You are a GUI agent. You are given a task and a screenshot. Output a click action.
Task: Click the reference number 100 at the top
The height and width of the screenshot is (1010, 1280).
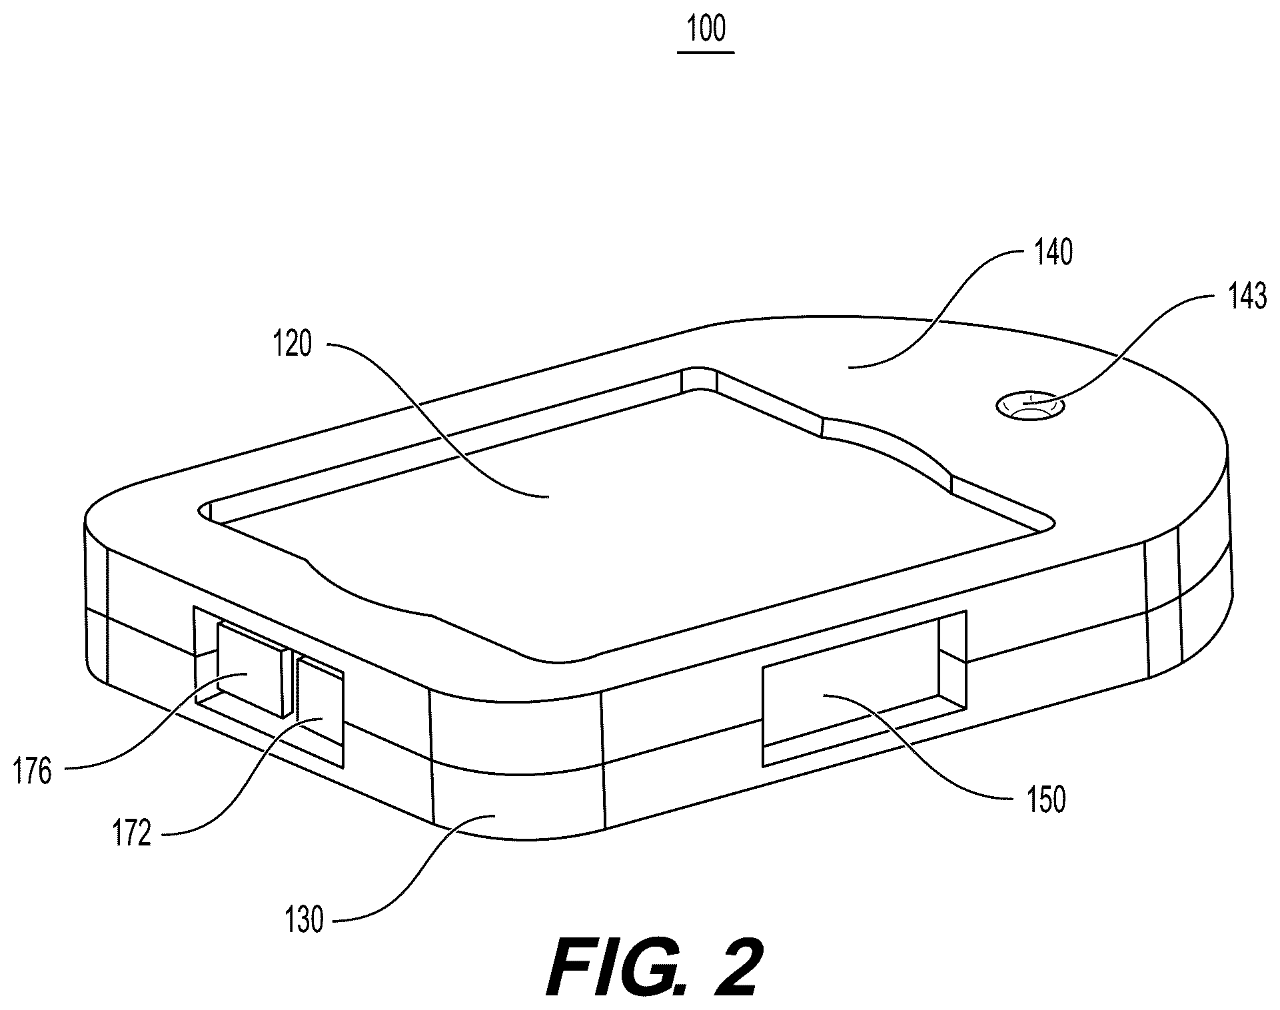[x=706, y=29]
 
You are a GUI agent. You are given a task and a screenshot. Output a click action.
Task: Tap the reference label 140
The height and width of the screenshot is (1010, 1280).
[x=1053, y=254]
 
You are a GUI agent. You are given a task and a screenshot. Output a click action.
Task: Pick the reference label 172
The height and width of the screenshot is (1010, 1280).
[x=133, y=833]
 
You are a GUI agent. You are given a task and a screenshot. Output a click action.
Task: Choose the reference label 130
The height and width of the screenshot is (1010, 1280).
[x=304, y=921]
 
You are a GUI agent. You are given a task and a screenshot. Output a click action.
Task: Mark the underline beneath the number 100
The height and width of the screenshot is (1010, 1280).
[x=706, y=52]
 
